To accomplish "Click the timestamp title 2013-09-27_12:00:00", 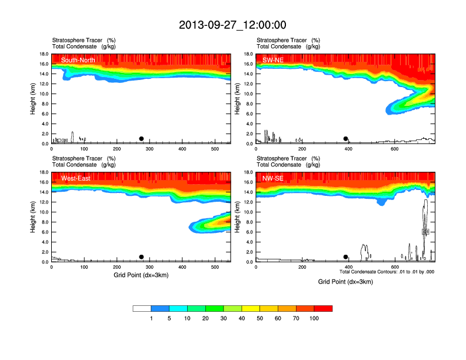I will pos(232,25).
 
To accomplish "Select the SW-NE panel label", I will pos(273,59).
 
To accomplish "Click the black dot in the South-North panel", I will pos(141,139).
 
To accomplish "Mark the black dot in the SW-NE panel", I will pos(346,139).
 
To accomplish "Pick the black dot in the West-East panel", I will pos(141,257).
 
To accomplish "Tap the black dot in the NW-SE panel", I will pos(346,257).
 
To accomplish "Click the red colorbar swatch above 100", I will pos(323,308).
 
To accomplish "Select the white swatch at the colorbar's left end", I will pos(142,308).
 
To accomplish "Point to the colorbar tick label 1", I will pos(151,318).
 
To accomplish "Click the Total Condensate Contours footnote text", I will pos(387,272).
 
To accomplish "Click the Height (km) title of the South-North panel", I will pos(34,99).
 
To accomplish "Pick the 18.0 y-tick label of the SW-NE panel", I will pos(248,54).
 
